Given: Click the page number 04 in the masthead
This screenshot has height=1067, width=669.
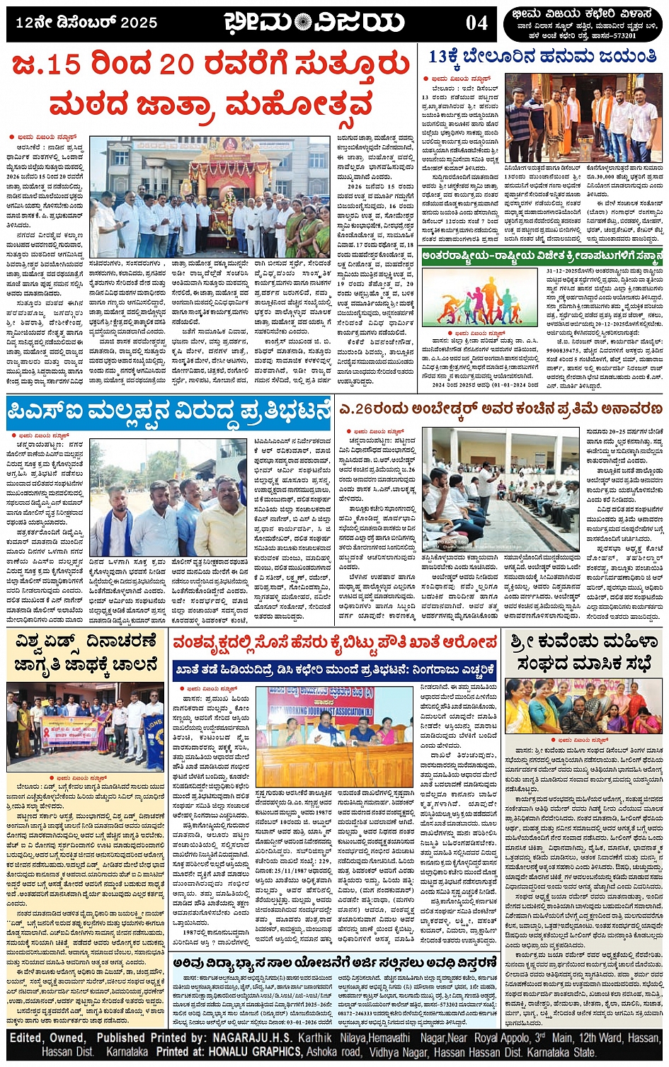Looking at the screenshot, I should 476,23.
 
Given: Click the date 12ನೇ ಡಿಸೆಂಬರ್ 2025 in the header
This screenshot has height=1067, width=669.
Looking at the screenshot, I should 86,23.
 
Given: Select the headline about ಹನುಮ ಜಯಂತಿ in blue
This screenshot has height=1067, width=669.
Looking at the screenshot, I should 542,57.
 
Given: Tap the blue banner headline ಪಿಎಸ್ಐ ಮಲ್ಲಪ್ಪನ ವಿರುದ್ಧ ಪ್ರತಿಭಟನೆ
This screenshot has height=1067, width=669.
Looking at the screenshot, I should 169,411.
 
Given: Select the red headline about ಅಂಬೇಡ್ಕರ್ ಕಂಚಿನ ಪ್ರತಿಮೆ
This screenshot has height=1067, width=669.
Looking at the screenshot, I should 501,409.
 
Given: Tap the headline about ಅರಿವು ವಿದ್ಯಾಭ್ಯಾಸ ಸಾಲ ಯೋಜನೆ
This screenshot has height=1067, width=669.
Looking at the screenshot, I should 336,963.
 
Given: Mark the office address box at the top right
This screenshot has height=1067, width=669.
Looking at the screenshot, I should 584,24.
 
